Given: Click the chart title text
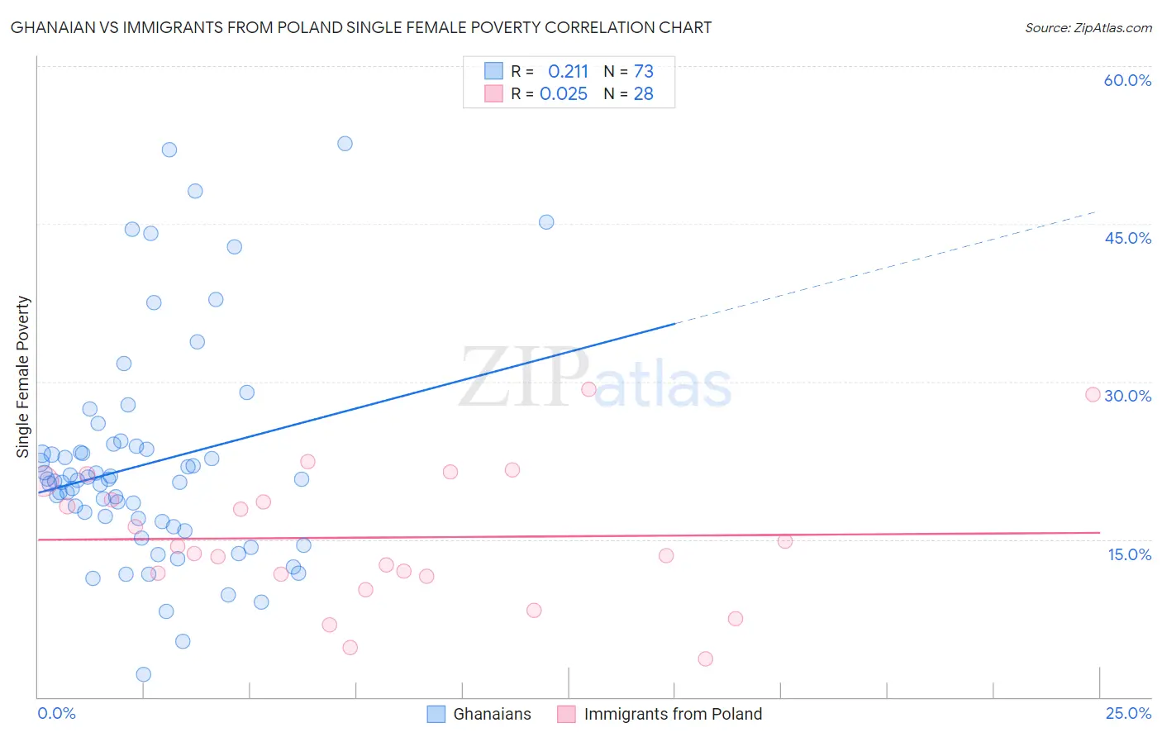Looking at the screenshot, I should [x=361, y=27].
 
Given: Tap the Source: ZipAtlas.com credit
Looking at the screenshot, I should [x=1088, y=27].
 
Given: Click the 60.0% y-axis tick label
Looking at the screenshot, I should [x=1127, y=80].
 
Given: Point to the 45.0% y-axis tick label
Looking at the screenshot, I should [x=1127, y=238].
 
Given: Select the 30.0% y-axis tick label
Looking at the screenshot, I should [x=1127, y=396].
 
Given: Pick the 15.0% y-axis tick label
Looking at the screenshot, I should [x=1129, y=554].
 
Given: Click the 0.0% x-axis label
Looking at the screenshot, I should [x=56, y=713].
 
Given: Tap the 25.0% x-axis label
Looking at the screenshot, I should [x=1128, y=713].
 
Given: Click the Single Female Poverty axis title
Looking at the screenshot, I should [x=23, y=377].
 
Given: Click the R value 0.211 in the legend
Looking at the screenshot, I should [x=568, y=71].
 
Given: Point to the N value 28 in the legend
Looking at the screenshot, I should [x=643, y=94].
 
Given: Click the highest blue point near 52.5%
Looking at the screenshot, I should [x=345, y=144].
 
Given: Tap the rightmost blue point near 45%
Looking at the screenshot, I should [x=546, y=222].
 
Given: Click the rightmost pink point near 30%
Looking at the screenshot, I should [x=1093, y=395].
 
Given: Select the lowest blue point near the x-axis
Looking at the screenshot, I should [x=144, y=674].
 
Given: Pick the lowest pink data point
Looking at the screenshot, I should [x=705, y=659].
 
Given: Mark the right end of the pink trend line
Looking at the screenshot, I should [x=1099, y=533].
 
